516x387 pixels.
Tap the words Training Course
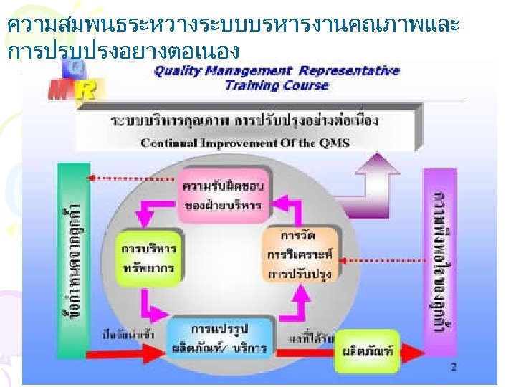coord(276,85)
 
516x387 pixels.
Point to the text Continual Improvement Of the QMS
coord(245,143)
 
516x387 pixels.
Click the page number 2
coord(453,368)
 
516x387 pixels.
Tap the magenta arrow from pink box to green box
coord(156,211)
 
